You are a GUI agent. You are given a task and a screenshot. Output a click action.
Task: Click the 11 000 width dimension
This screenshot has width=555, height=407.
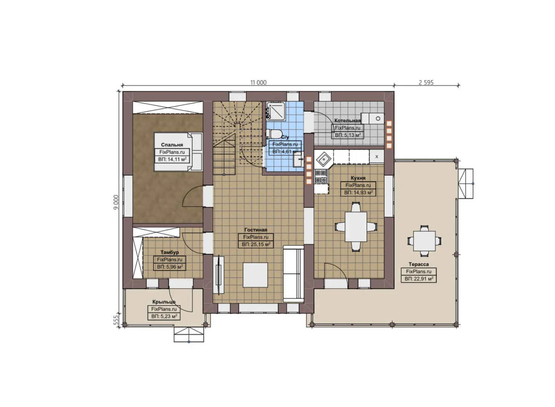(x=258, y=83)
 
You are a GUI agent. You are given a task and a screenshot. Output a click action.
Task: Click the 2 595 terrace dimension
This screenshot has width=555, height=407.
(x=426, y=83)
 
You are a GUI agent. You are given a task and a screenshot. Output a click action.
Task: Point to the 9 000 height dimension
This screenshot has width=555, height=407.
(x=116, y=202)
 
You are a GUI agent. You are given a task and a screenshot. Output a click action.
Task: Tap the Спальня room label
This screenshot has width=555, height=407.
(x=172, y=145)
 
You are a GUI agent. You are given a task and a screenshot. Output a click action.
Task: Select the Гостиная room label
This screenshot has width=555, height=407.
(x=255, y=230)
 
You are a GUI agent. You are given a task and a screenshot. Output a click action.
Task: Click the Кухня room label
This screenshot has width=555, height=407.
(x=358, y=178)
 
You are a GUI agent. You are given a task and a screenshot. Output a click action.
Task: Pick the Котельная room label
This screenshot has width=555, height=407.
(x=347, y=121)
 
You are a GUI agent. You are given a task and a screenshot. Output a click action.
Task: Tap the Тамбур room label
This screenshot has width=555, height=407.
(x=170, y=252)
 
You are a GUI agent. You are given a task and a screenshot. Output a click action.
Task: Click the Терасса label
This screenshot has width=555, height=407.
(x=419, y=264)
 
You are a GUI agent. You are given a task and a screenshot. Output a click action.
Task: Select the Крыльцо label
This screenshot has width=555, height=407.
(x=164, y=302)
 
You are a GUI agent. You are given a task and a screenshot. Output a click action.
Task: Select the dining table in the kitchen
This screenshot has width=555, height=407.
(x=356, y=226)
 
